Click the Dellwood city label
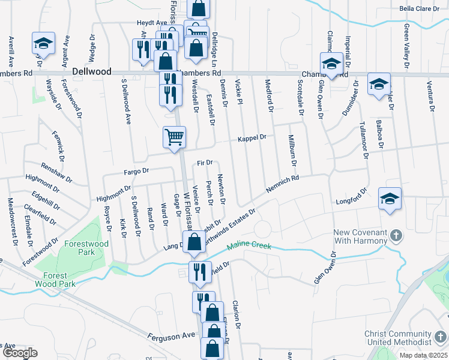(91, 71)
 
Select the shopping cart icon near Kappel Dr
(174, 137)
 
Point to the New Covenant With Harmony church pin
(396, 235)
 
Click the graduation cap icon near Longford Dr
(390, 199)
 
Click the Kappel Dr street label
(252, 138)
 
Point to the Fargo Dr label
(137, 171)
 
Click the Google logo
(20, 353)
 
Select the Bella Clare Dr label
(424, 9)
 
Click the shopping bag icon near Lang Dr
(194, 243)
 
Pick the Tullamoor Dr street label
(363, 137)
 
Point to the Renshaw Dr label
(56, 172)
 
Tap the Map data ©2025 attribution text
(423, 355)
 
